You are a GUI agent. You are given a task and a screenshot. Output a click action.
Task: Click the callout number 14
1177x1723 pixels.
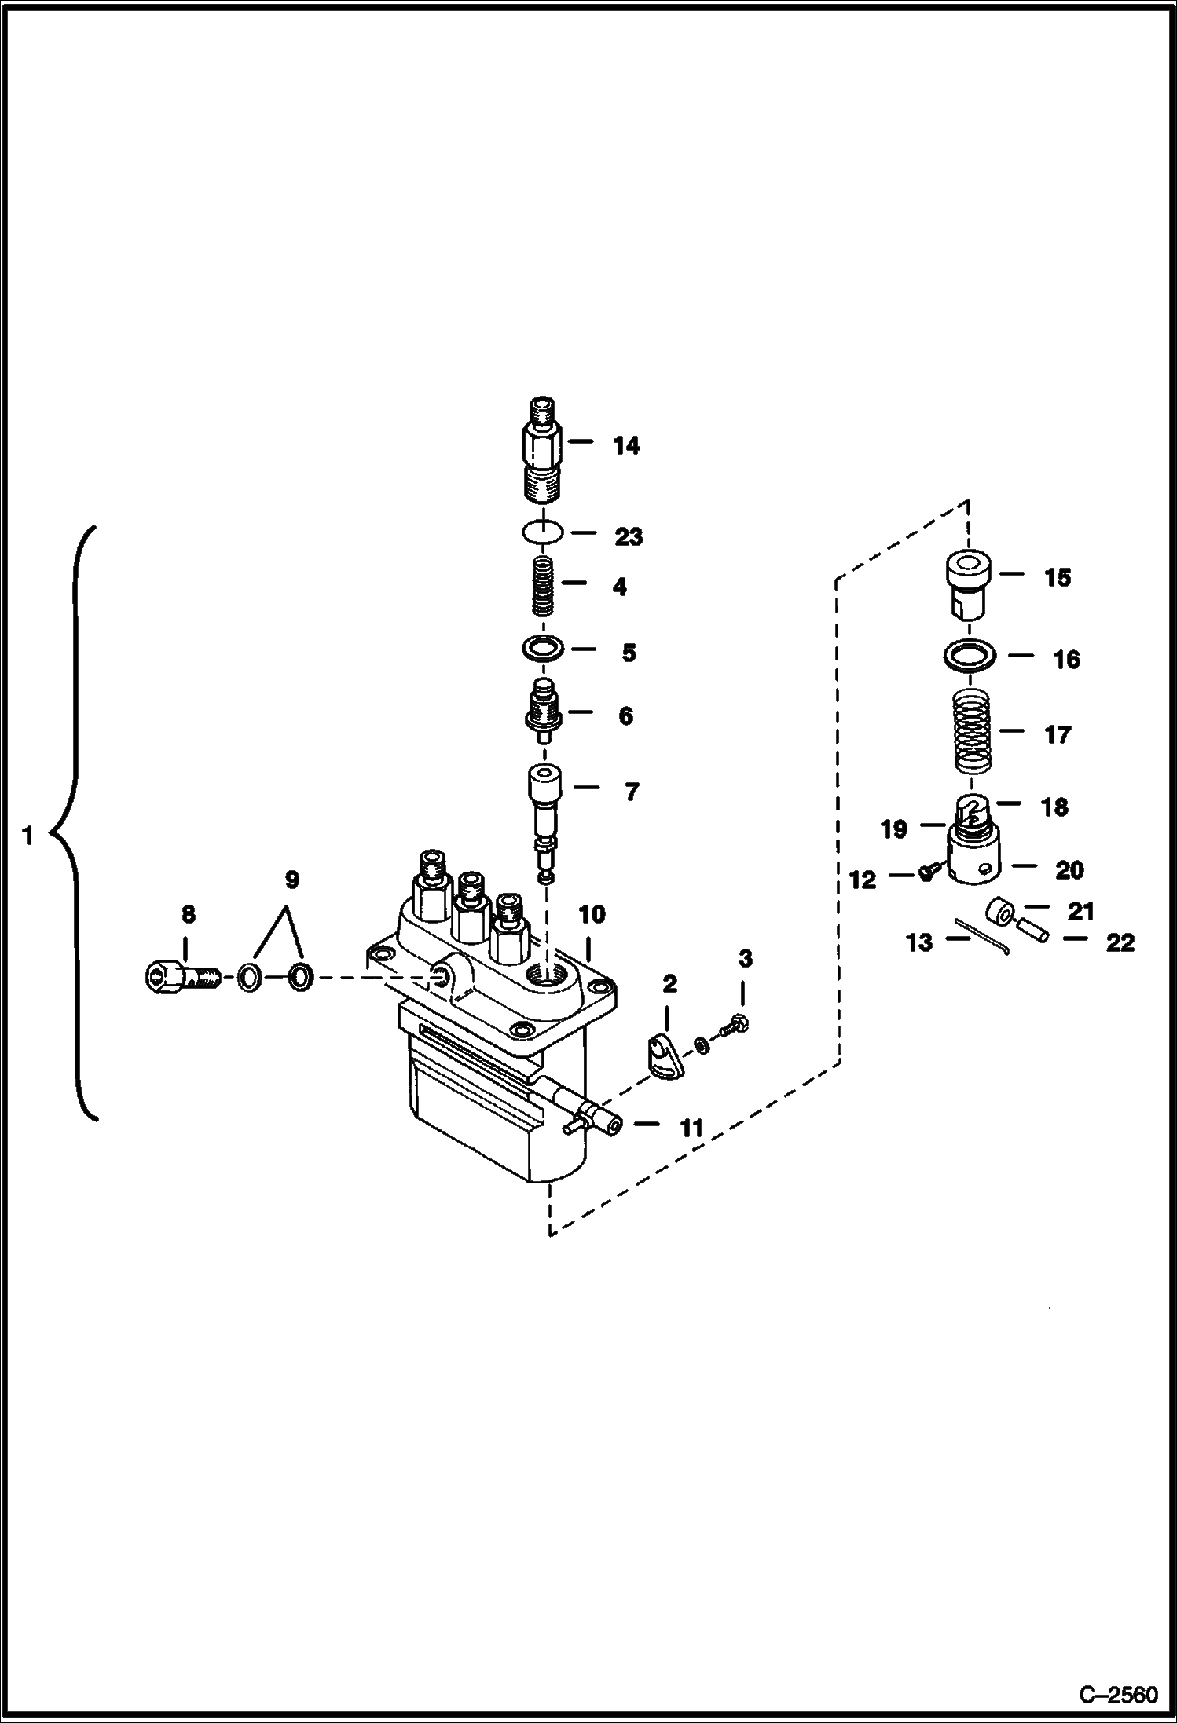(x=626, y=445)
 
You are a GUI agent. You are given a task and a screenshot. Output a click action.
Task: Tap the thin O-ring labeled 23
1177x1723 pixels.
(x=541, y=532)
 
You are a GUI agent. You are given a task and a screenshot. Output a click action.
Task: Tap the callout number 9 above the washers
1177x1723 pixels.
(x=291, y=880)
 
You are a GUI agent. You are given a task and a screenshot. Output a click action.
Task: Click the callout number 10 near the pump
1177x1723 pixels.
(x=592, y=914)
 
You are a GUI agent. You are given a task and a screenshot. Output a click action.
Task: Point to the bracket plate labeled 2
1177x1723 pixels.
(x=665, y=1059)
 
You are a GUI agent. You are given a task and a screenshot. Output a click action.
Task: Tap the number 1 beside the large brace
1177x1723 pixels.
(x=27, y=836)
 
